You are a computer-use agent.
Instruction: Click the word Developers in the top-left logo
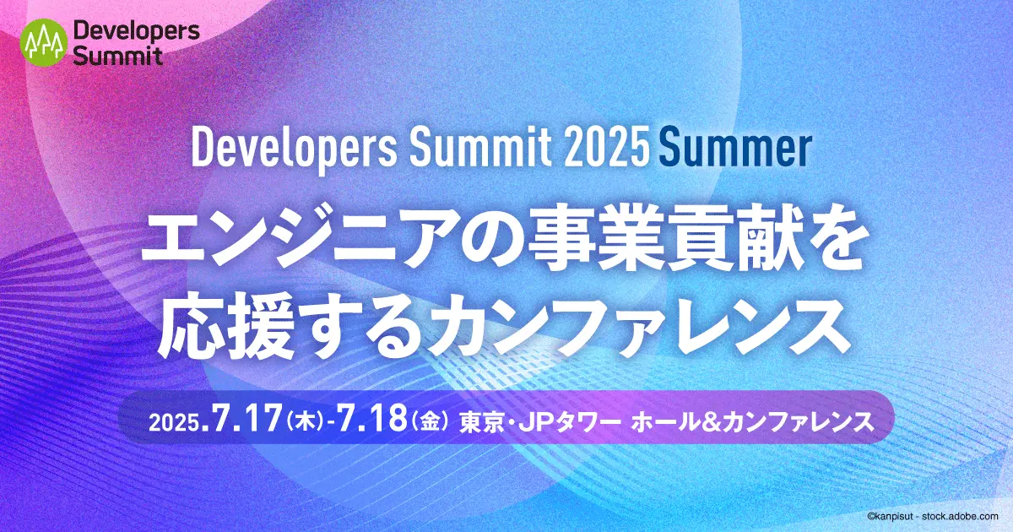click(136, 31)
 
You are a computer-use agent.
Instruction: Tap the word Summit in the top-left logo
click(117, 56)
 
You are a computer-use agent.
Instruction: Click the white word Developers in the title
click(294, 149)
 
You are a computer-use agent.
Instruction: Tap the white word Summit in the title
click(480, 148)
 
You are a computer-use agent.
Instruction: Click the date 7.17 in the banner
click(243, 419)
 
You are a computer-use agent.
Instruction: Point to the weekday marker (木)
click(306, 421)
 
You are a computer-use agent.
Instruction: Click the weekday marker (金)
click(430, 421)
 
